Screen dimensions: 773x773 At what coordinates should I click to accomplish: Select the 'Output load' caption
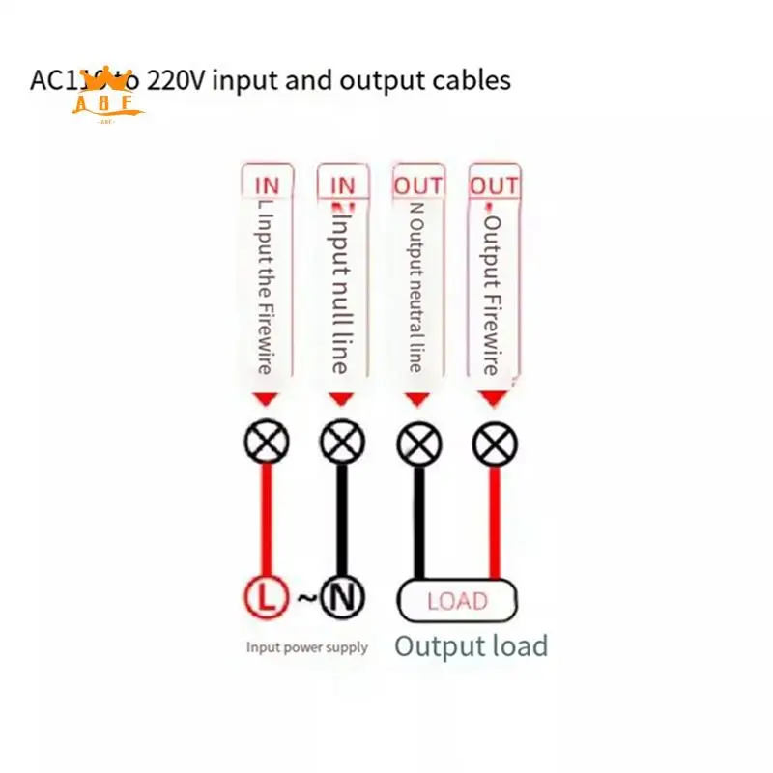[x=471, y=645]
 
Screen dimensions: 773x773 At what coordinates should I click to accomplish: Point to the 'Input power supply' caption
[x=306, y=647]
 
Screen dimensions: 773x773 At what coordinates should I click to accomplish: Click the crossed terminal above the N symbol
[x=342, y=444]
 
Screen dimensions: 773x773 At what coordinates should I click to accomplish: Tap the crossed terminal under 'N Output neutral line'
[x=418, y=444]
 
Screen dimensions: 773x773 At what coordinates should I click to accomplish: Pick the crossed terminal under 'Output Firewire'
[x=495, y=444]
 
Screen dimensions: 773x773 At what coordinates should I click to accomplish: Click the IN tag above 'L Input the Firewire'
[x=266, y=185]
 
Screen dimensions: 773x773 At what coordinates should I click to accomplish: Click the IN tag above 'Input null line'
[x=342, y=185]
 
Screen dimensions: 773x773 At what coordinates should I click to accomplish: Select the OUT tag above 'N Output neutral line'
[x=418, y=185]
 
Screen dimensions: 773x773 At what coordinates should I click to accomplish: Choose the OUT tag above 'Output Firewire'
[x=494, y=185]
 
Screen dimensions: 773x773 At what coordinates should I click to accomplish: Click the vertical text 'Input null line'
[x=340, y=290]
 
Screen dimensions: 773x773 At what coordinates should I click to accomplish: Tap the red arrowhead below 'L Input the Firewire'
[x=266, y=398]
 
